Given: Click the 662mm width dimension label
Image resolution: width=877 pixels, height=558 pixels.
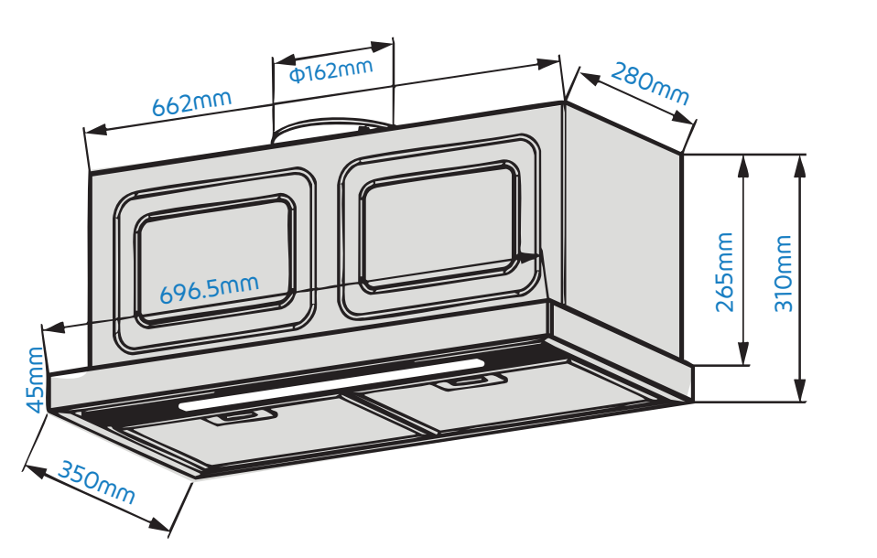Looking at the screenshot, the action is [192, 102].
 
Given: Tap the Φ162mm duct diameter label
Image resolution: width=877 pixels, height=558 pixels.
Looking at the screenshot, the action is [331, 70].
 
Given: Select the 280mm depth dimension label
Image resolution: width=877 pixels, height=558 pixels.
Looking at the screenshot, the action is [650, 84].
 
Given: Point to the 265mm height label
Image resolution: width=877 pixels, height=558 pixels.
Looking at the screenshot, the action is [725, 273].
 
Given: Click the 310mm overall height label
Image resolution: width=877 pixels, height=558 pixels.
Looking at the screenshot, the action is [783, 274].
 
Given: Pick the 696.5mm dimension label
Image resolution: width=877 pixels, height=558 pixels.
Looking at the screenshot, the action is [210, 289].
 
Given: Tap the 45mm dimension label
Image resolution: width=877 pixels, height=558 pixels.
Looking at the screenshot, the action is [35, 381].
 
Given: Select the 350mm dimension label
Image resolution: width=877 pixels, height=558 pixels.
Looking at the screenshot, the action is [96, 482].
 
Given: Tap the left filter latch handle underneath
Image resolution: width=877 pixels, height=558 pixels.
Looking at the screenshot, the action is [243, 416].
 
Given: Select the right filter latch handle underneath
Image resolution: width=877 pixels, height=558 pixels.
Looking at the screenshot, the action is [472, 382].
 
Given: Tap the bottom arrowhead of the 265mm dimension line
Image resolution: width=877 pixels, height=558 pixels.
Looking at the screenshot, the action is [743, 354].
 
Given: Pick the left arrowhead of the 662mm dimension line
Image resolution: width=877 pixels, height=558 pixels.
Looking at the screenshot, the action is [95, 130].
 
